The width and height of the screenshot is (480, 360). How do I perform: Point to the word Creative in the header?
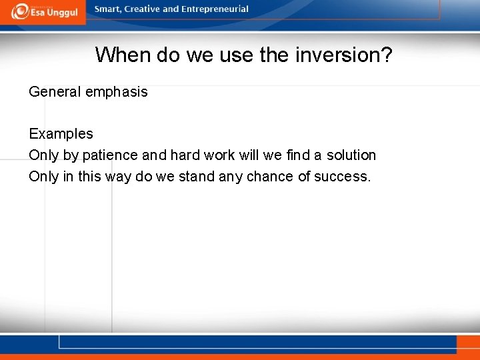click(x=142, y=9)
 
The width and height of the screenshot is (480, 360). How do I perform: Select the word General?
click(x=55, y=92)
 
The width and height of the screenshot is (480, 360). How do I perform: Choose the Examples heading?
click(x=61, y=134)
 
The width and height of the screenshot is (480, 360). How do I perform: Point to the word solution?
click(x=351, y=155)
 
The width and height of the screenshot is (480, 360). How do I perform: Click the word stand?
click(x=197, y=177)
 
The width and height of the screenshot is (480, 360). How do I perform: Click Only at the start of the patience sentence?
click(x=44, y=155)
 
